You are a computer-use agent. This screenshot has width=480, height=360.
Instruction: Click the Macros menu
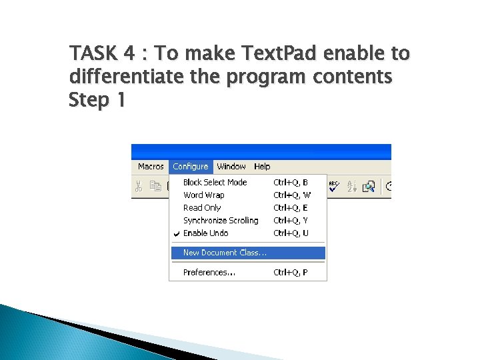(x=151, y=167)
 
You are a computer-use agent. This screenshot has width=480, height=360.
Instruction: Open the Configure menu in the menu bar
(x=190, y=167)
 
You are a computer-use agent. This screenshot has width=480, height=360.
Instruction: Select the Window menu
(x=231, y=167)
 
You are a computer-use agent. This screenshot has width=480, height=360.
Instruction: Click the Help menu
(x=262, y=167)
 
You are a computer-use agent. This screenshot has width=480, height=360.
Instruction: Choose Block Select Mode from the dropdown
(x=215, y=182)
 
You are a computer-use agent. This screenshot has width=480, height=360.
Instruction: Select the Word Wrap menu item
(x=203, y=195)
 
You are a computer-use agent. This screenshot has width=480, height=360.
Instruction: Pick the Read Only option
(x=201, y=208)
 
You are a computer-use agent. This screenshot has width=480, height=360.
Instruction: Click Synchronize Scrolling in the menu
(x=221, y=221)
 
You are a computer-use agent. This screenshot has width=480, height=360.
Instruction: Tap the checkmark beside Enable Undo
(x=176, y=233)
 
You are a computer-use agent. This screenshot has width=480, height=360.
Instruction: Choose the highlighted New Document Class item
(x=225, y=253)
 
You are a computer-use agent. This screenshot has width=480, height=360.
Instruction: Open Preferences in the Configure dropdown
(x=209, y=273)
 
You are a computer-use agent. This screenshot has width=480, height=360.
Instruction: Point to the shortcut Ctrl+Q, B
(x=291, y=182)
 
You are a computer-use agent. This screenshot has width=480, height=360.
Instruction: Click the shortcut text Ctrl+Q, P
(x=291, y=273)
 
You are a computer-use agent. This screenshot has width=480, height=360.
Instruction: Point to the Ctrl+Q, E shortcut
(x=291, y=208)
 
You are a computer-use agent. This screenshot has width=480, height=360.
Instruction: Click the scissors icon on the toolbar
(x=139, y=187)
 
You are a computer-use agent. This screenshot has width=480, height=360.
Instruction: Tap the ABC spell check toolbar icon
(x=334, y=186)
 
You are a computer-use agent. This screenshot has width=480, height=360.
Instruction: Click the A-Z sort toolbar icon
(x=352, y=187)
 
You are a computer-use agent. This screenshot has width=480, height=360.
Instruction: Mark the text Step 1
(x=98, y=101)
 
